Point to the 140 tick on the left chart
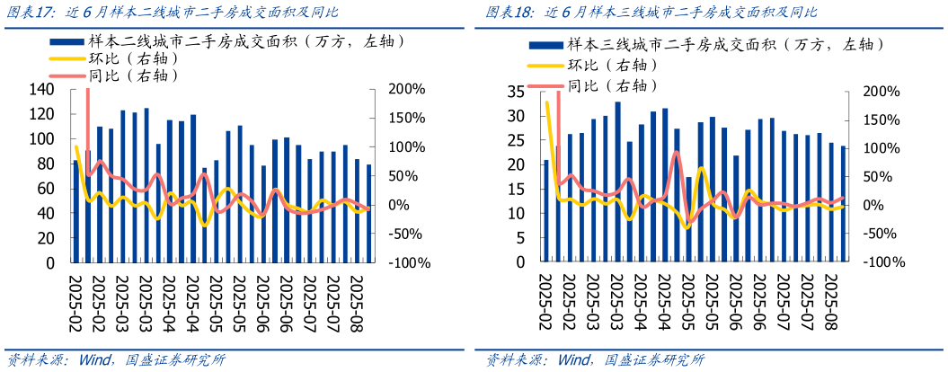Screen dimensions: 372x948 42,89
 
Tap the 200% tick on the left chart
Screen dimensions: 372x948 405,89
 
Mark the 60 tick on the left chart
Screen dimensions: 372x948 46,189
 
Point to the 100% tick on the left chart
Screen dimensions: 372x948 405,146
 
